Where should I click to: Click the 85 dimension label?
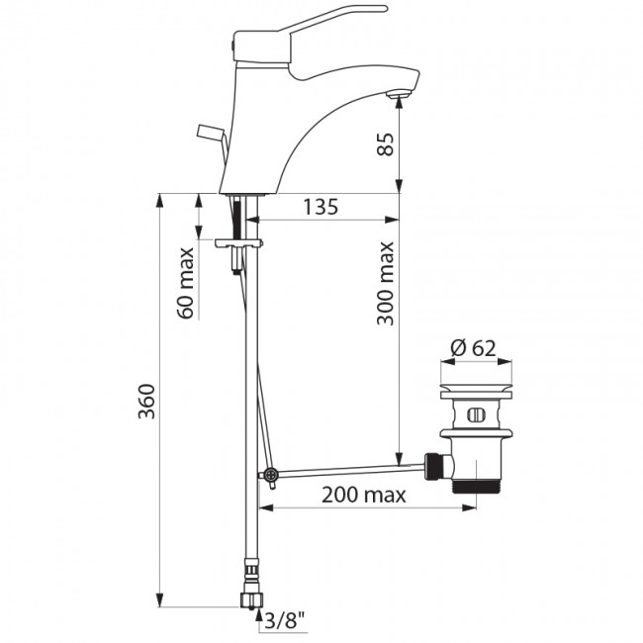tap(386, 145)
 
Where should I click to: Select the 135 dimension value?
tap(321, 207)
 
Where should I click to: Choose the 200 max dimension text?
tap(363, 496)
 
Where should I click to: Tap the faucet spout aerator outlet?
tap(398, 95)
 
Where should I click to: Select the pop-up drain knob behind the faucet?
tap(213, 133)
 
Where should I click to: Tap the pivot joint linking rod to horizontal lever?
tap(268, 476)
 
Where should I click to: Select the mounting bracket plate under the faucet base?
tap(238, 241)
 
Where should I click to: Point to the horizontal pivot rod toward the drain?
tap(346, 468)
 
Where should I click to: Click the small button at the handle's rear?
tap(234, 45)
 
